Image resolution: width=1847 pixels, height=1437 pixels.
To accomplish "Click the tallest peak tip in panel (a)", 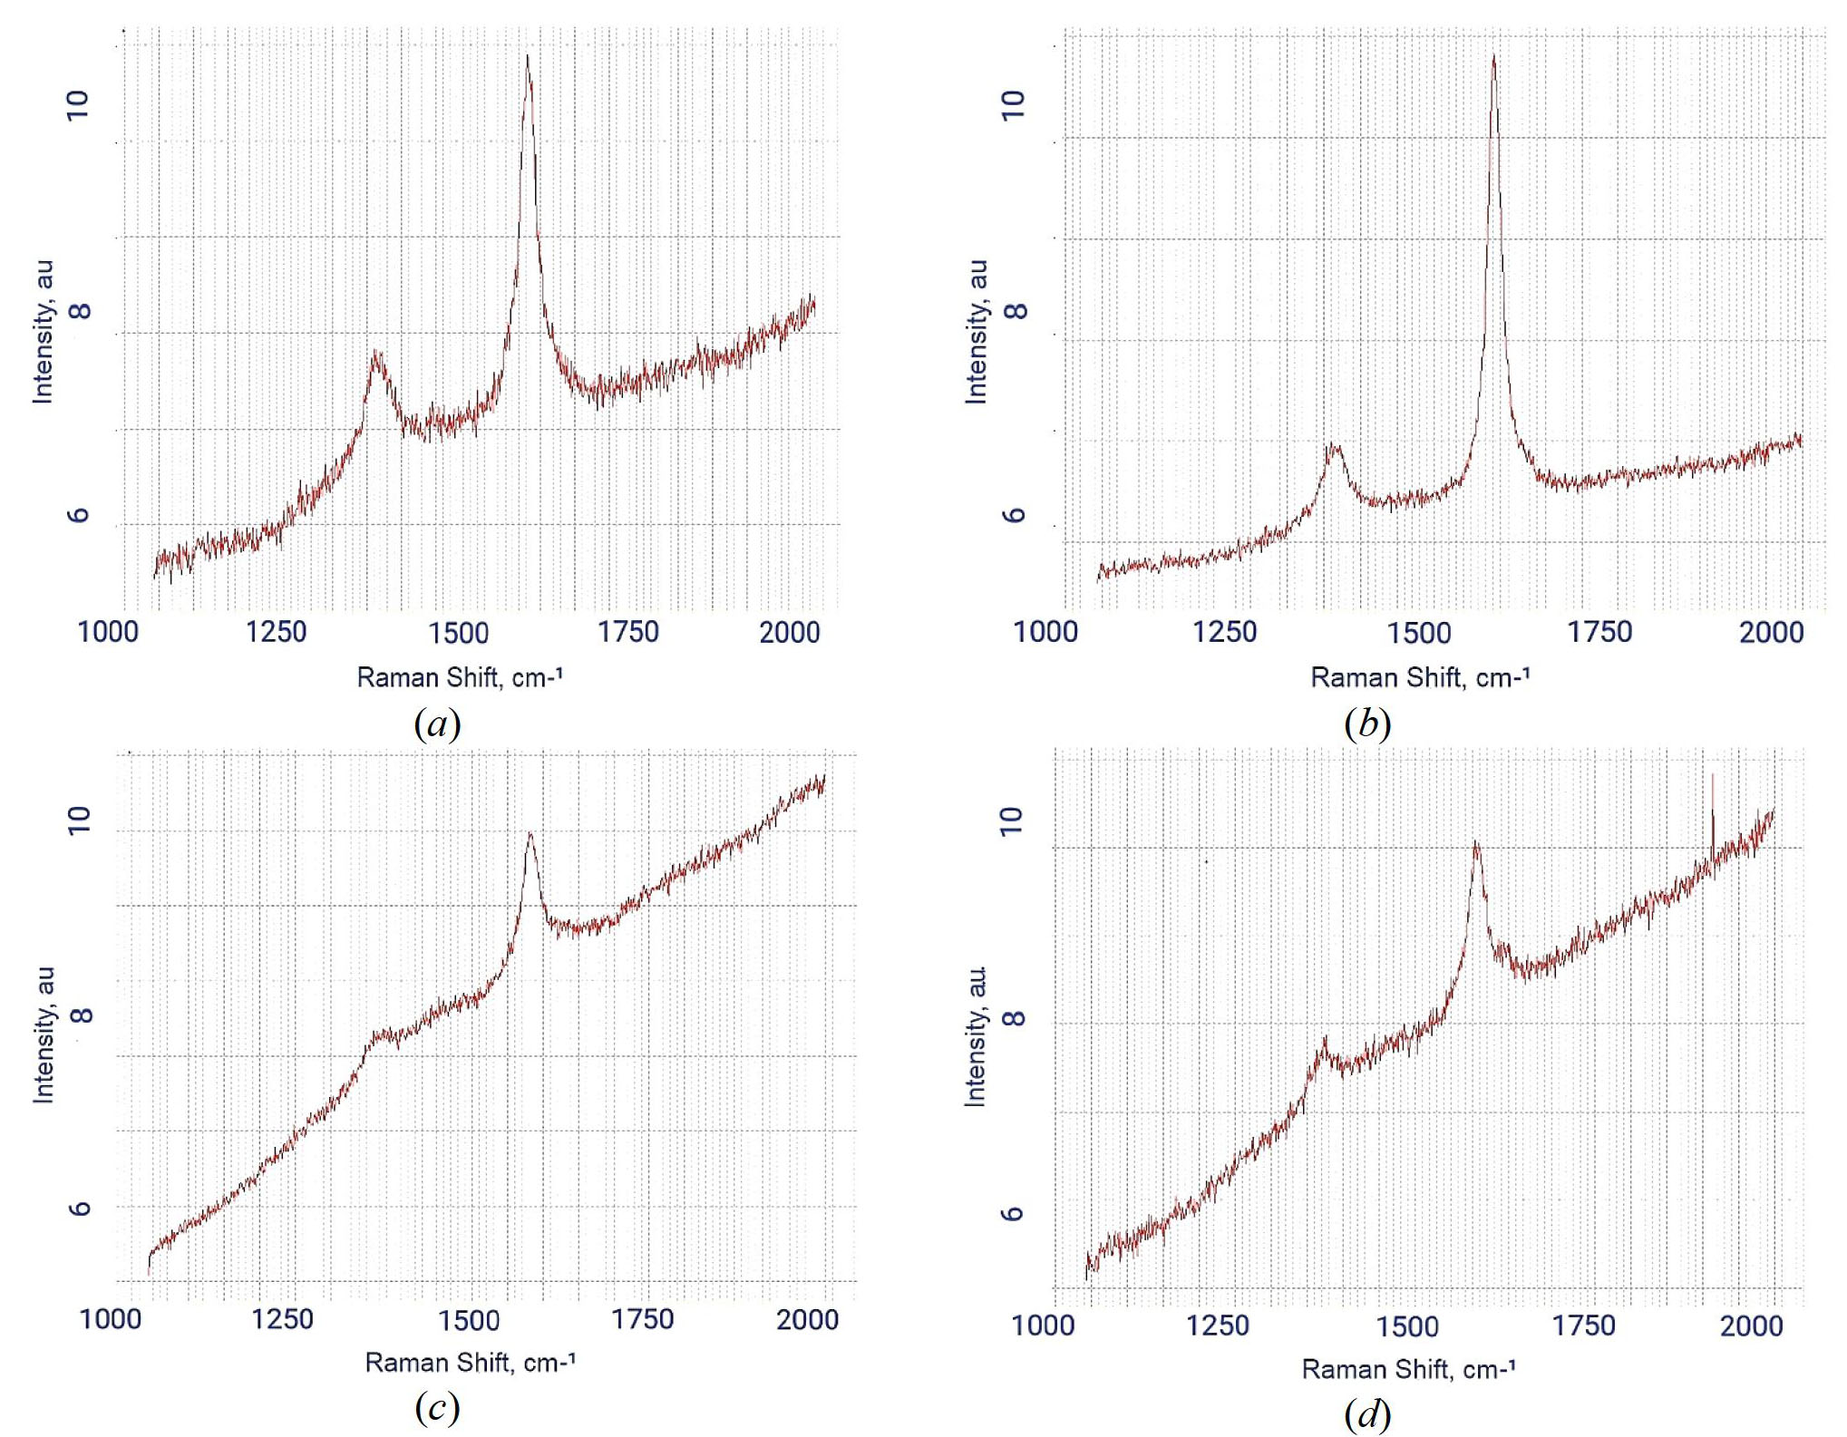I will pyautogui.click(x=527, y=57).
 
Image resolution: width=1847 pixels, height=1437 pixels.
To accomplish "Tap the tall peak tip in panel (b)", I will pyautogui.click(x=1492, y=57).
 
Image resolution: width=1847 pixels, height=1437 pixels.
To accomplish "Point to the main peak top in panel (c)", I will pyautogui.click(x=530, y=834).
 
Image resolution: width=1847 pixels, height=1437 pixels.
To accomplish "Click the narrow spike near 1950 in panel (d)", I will pyautogui.click(x=1712, y=776).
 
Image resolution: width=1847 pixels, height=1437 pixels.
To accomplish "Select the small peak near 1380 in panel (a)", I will pyautogui.click(x=374, y=353).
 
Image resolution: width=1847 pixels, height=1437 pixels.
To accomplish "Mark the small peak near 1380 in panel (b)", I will pyautogui.click(x=1332, y=445).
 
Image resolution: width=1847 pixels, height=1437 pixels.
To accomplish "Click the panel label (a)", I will pyautogui.click(x=437, y=723).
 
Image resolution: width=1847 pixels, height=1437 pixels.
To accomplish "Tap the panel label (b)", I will pyautogui.click(x=1367, y=723).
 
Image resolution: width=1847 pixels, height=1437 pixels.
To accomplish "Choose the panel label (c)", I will pyautogui.click(x=437, y=1407).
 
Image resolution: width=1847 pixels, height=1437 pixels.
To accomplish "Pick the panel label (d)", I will pyautogui.click(x=1367, y=1413).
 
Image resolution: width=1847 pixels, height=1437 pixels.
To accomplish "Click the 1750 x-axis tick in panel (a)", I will pyautogui.click(x=627, y=632).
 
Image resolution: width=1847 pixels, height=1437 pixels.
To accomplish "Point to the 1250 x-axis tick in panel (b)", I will pyautogui.click(x=1224, y=632).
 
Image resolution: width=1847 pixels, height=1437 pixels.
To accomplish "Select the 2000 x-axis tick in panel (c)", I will pyautogui.click(x=807, y=1319).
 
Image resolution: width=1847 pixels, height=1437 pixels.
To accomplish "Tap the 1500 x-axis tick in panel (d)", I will pyautogui.click(x=1407, y=1326).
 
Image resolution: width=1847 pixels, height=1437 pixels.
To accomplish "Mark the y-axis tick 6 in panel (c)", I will pyautogui.click(x=81, y=1208).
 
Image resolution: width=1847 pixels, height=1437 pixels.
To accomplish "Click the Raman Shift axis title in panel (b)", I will pyautogui.click(x=1420, y=677).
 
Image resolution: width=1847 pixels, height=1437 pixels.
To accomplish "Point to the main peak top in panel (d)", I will pyautogui.click(x=1476, y=843).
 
